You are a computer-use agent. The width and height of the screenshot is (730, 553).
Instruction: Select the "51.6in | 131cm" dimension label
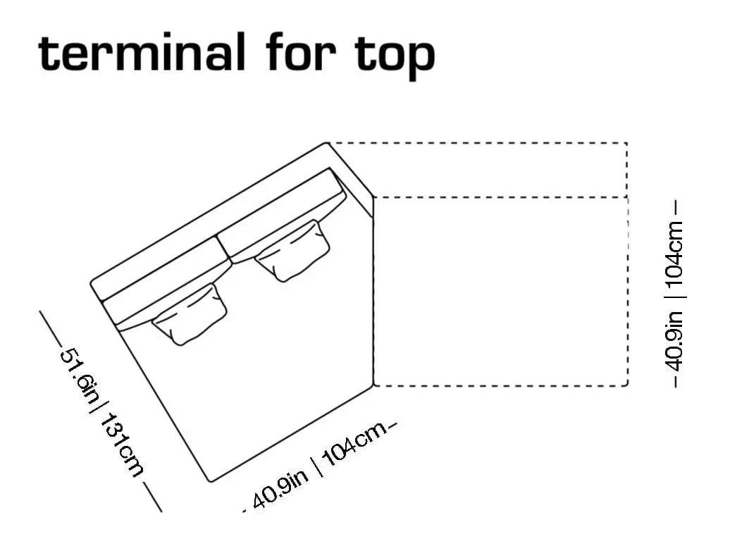click(101, 412)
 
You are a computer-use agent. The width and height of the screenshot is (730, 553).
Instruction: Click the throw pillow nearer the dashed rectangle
click(292, 250)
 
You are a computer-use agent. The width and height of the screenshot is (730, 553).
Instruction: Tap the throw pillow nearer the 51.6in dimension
click(190, 314)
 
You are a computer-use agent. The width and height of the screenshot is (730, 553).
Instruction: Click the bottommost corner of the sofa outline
click(211, 481)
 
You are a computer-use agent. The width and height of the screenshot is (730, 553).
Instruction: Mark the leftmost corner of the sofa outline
click(90, 283)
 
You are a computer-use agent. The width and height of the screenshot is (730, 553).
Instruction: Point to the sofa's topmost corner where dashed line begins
click(327, 143)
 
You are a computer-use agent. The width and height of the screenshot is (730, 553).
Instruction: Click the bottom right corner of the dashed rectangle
click(627, 385)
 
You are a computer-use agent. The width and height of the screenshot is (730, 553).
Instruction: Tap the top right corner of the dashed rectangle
click(627, 144)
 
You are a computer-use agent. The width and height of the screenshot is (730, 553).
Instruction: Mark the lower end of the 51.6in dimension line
click(161, 511)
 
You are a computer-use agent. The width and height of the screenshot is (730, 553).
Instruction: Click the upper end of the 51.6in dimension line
click(40, 311)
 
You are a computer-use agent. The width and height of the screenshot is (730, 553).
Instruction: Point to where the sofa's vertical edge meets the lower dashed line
click(373, 385)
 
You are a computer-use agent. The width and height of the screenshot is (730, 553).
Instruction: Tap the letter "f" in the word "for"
click(278, 51)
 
